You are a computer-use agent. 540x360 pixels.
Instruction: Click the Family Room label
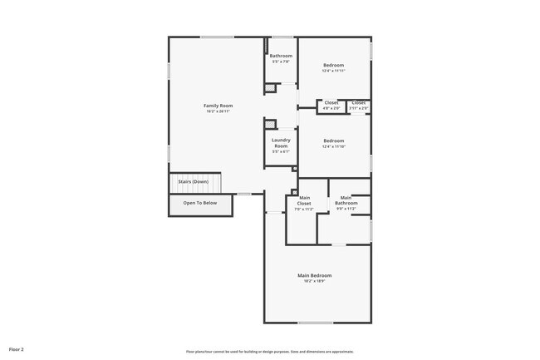coord(218,106)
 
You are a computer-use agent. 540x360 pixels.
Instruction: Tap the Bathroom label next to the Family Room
coord(281,56)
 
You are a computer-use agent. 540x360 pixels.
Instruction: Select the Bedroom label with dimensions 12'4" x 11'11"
coord(333,65)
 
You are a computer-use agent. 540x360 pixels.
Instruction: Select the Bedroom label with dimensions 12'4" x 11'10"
coord(333,141)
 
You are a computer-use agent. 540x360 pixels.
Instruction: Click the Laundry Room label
coord(281,142)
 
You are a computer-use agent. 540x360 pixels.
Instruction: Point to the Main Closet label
coord(304,200)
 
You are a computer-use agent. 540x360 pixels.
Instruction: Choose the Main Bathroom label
coord(346,200)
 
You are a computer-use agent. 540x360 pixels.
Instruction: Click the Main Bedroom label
coord(315,275)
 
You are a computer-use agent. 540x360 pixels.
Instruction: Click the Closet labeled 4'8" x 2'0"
coord(331,102)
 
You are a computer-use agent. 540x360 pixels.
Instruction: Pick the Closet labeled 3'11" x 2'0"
coord(358,102)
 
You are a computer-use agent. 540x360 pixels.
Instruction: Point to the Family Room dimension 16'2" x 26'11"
coord(218,111)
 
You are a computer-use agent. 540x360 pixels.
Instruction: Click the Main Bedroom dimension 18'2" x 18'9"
coord(315,281)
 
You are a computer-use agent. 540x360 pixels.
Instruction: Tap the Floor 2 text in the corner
coord(17,349)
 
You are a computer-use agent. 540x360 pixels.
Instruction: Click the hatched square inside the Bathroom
coord(269,87)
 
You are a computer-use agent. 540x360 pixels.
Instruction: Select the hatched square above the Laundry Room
coord(269,125)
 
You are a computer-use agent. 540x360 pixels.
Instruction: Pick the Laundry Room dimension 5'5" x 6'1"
coord(281,151)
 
